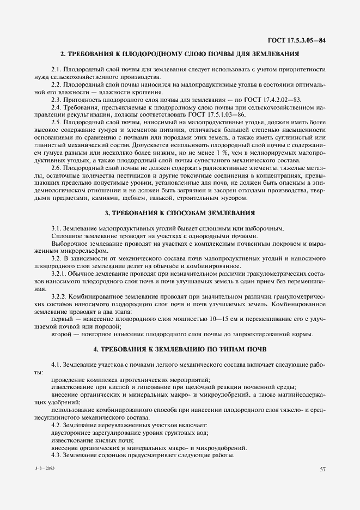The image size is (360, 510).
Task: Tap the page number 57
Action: [322, 470]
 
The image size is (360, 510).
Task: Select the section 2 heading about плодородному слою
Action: [180, 54]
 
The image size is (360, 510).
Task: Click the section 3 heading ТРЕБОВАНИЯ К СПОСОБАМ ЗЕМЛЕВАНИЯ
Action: [180, 213]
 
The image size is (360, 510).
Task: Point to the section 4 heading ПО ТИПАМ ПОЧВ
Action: [180, 348]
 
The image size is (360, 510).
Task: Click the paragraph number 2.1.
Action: [57, 69]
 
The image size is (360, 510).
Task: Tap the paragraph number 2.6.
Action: [57, 168]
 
